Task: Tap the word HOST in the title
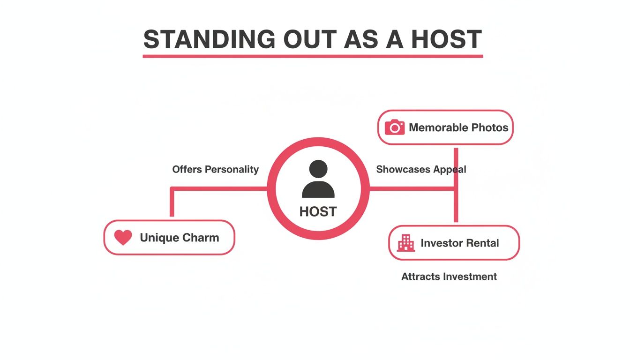click(446, 39)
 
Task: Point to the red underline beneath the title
click(313, 56)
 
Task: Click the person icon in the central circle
click(318, 179)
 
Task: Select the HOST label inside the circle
click(318, 212)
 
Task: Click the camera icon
click(395, 127)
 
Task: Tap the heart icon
click(123, 238)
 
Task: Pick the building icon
click(406, 243)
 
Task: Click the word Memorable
click(438, 127)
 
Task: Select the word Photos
click(490, 127)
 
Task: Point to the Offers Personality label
click(215, 169)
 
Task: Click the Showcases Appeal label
click(421, 169)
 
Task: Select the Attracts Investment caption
click(449, 277)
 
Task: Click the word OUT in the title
click(309, 39)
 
